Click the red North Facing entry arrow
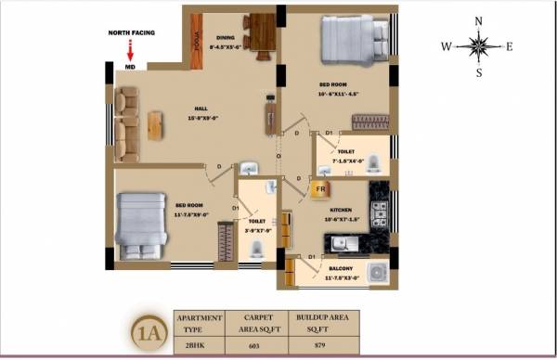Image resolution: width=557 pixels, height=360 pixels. point(130,52)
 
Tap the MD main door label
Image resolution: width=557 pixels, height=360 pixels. point(130,68)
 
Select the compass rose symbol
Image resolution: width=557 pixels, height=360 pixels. point(479,45)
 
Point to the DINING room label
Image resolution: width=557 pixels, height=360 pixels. point(225,38)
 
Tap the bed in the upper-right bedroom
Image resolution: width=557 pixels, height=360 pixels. point(353,40)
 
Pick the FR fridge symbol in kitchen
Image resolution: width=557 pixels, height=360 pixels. point(321,190)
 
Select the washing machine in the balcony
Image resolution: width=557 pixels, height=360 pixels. point(377,273)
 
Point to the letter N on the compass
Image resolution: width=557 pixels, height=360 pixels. point(479,19)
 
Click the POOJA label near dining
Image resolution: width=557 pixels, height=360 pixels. point(198,42)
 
